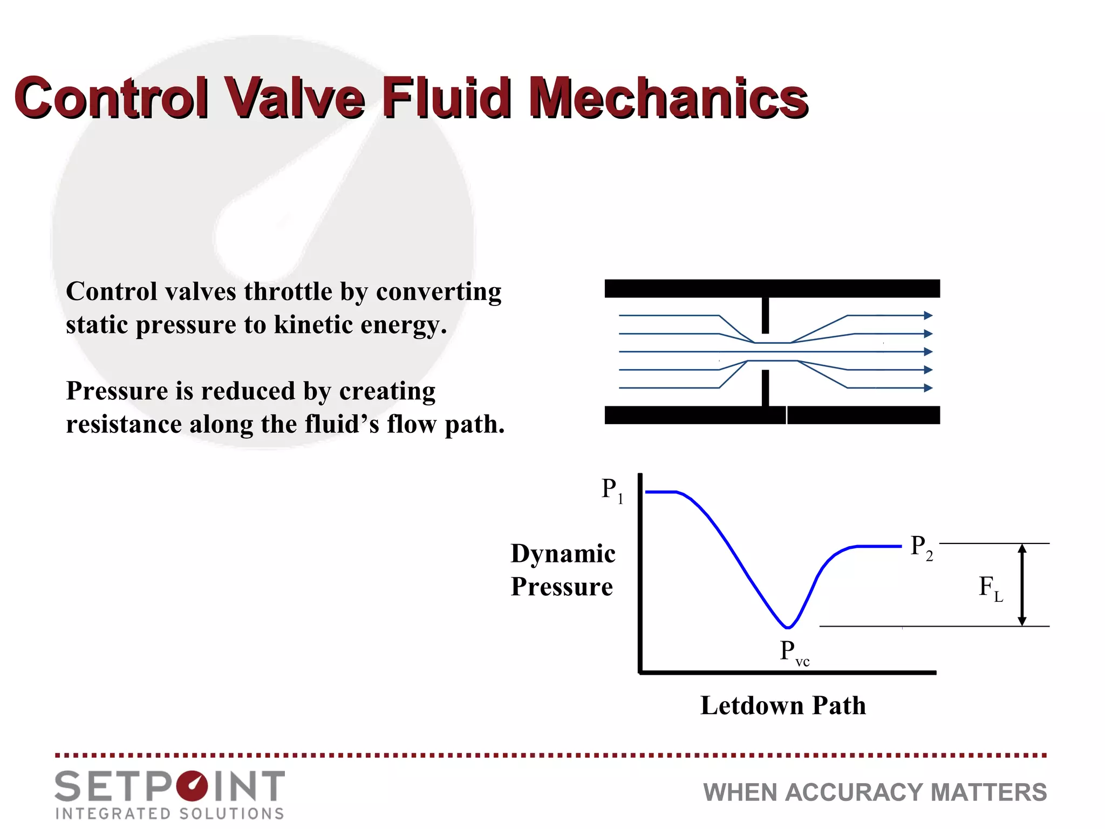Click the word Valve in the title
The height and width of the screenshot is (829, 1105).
(x=294, y=98)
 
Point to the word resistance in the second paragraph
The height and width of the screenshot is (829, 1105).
(x=124, y=425)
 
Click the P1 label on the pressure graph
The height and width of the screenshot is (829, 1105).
(x=612, y=490)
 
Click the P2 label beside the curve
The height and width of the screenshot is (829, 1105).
(x=921, y=547)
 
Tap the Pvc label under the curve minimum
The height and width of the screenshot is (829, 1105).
(x=794, y=653)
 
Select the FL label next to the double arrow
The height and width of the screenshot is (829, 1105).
(x=990, y=587)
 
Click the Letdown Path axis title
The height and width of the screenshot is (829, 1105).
(x=783, y=705)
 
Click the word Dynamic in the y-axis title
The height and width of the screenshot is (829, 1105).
(x=563, y=554)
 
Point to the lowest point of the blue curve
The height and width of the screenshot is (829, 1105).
(x=788, y=628)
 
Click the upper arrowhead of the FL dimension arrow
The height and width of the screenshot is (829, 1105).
(x=1022, y=549)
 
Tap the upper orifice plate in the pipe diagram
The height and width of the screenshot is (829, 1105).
(x=765, y=315)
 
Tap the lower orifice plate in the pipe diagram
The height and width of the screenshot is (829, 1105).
(x=765, y=388)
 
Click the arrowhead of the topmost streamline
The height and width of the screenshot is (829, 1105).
(x=928, y=315)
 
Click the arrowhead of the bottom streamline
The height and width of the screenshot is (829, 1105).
(x=928, y=388)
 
